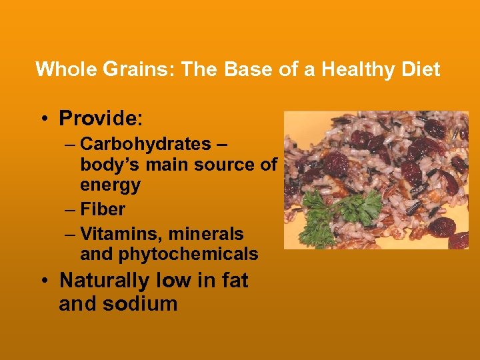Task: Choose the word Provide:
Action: point(101,119)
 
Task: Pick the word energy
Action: point(110,185)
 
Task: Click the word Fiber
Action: point(102,209)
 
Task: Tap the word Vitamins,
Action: point(121,234)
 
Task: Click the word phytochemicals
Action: point(169,254)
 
